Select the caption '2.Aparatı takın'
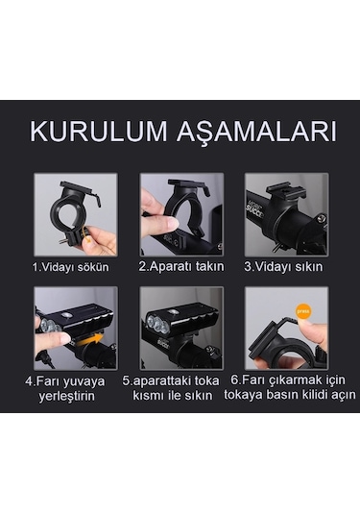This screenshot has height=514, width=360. coord(180,265)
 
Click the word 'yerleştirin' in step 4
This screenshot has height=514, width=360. coord(74,394)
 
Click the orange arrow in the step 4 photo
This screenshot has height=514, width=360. coord(87,338)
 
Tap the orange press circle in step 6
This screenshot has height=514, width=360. coord(303,313)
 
